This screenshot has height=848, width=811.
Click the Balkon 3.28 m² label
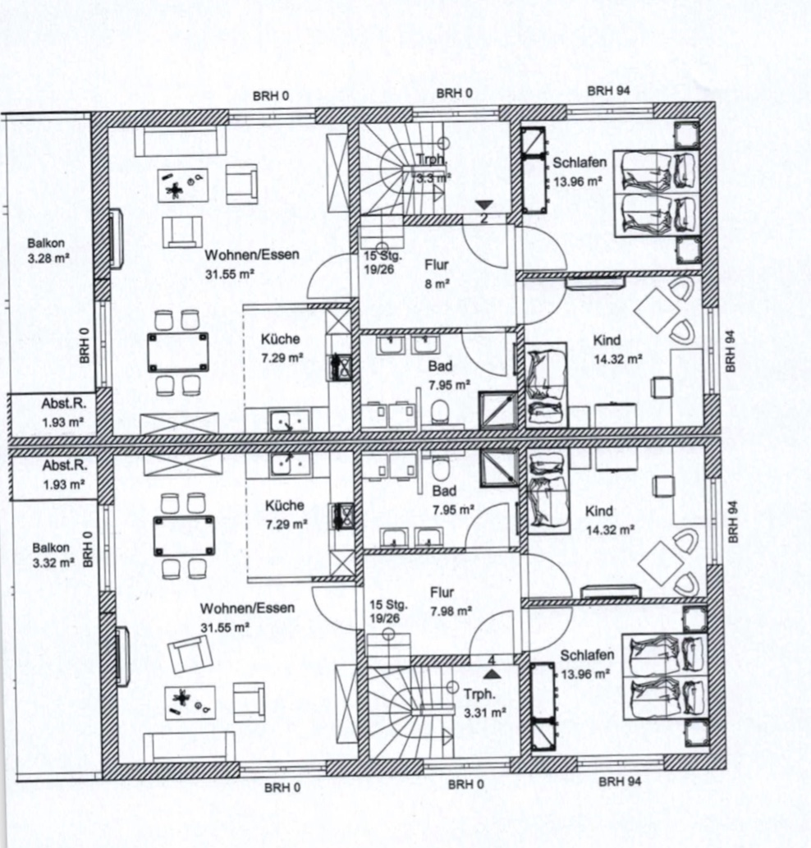click(48, 251)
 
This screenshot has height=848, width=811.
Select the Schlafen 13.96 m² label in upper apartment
click(579, 172)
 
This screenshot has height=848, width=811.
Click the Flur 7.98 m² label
click(451, 602)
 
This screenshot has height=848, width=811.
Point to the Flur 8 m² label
click(437, 273)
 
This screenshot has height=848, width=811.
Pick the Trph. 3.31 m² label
click(484, 703)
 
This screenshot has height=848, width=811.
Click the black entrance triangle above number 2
click(484, 205)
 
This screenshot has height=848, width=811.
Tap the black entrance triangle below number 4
click(491, 673)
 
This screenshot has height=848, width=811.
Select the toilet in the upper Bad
click(440, 412)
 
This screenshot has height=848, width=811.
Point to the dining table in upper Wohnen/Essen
click(178, 353)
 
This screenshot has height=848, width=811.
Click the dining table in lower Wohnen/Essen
click(184, 536)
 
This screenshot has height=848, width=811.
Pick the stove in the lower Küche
click(342, 516)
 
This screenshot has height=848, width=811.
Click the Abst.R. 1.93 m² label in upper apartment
click(63, 413)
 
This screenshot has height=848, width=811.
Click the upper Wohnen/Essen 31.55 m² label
click(251, 264)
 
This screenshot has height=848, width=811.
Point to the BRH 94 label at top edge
click(609, 90)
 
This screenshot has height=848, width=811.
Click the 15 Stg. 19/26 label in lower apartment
click(388, 611)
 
